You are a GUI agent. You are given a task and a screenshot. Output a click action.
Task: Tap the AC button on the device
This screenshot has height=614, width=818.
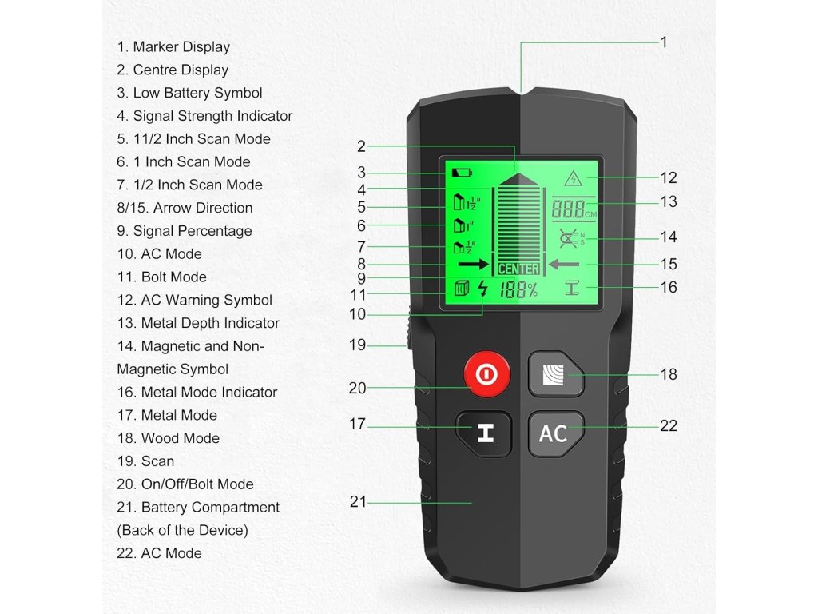tap(554, 433)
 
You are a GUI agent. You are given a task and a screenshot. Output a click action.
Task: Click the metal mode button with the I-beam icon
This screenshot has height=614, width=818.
tap(484, 433)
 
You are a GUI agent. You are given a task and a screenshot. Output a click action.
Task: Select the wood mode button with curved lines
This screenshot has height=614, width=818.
tap(554, 374)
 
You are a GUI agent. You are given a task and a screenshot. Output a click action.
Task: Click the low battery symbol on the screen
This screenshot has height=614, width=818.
tap(462, 172)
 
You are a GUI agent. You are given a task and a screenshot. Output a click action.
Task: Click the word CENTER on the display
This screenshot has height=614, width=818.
tap(518, 269)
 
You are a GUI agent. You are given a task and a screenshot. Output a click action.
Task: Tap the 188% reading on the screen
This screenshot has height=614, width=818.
tap(518, 290)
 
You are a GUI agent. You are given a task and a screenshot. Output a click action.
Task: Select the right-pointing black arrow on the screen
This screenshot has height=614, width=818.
tap(473, 263)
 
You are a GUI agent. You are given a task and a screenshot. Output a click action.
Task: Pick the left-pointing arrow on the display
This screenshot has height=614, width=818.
tap(564, 263)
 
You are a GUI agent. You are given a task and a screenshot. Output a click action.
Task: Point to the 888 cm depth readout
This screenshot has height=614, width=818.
tap(570, 209)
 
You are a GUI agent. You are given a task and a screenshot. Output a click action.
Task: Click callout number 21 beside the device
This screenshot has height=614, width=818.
tap(358, 502)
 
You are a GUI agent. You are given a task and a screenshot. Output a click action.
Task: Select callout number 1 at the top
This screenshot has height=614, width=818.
tap(664, 42)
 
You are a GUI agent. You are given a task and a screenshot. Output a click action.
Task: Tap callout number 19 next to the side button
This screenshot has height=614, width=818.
tap(357, 345)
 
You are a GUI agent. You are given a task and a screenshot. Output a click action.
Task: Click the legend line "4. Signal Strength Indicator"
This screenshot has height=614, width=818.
tap(204, 116)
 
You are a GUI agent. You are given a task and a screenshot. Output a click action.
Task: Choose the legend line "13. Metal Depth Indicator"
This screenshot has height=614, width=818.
tap(198, 323)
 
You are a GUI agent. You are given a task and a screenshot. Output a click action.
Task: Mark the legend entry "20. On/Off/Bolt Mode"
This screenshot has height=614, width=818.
tap(185, 484)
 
